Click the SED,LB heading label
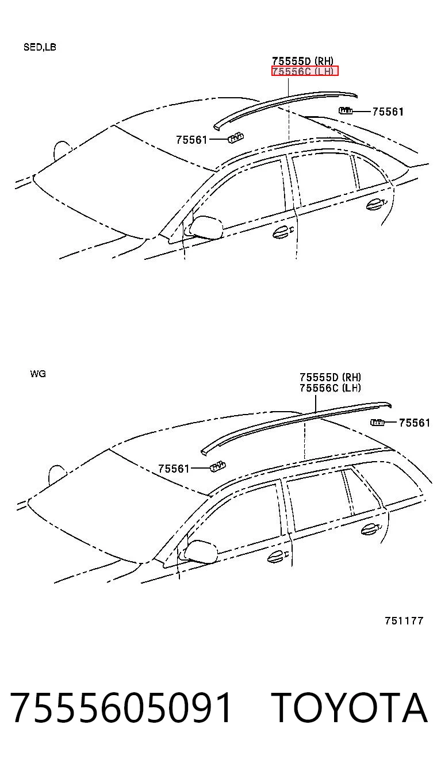tap(40, 47)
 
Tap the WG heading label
tap(38, 374)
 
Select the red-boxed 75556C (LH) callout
tap(305, 71)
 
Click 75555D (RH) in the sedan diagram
tap(303, 61)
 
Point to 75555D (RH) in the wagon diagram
tap(331, 377)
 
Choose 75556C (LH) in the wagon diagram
tap(331, 388)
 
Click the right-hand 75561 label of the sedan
tap(388, 112)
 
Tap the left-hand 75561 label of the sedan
tap(192, 140)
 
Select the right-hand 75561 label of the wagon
tap(415, 423)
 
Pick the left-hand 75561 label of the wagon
tap(174, 469)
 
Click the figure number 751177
tap(404, 621)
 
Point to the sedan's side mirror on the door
tap(204, 226)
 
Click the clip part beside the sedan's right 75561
tap(346, 110)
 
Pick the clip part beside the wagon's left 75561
tap(218, 467)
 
